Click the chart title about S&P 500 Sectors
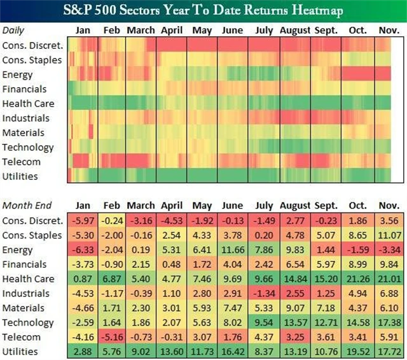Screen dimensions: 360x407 click(203, 11)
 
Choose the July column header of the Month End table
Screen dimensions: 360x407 click(264, 205)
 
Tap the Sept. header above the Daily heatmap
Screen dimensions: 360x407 click(326, 31)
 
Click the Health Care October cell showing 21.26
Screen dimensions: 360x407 click(357, 279)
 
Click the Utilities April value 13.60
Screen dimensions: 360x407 click(171, 351)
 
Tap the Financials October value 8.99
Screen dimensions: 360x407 click(357, 264)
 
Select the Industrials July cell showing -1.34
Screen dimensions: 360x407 click(264, 293)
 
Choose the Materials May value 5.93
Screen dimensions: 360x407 click(202, 308)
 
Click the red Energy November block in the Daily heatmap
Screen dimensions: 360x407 click(383, 74)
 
